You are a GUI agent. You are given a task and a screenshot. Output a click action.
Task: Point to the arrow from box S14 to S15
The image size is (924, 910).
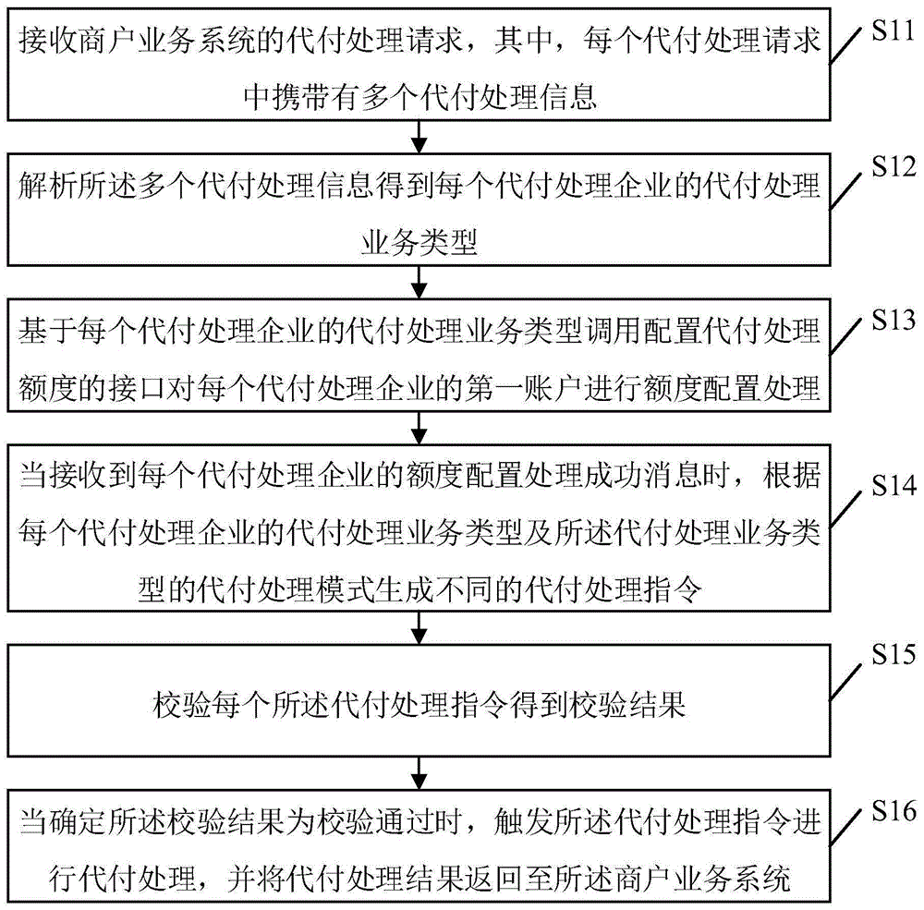(420, 628)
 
